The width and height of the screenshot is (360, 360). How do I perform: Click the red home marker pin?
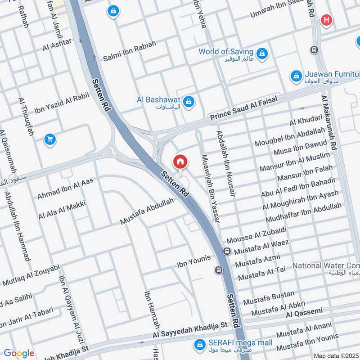coord(180,162)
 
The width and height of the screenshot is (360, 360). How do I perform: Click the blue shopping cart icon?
coord(50,140)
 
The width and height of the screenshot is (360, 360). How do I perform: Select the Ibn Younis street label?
coord(194,259)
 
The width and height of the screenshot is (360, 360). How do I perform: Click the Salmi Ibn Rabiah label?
coord(130,51)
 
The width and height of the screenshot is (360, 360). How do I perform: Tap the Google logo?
coord(18,353)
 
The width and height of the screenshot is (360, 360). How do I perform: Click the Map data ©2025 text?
coord(335,355)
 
